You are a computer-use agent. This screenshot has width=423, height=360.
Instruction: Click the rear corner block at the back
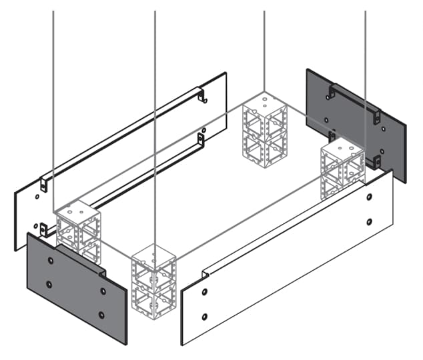[x=264, y=130]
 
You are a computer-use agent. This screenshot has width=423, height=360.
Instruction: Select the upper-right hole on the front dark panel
[x=103, y=291]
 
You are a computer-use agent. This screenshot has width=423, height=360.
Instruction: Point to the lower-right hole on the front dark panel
[x=101, y=315]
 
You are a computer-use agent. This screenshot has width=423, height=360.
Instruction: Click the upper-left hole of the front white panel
[x=205, y=293]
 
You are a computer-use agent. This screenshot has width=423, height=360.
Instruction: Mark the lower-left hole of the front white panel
[x=205, y=316]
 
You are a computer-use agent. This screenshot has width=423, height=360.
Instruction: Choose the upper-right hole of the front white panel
[x=369, y=197]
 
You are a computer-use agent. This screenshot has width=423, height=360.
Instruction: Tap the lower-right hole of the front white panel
[x=369, y=221]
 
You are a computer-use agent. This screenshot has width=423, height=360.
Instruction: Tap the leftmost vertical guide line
[x=53, y=100]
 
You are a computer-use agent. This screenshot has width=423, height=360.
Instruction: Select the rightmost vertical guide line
[x=365, y=67]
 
